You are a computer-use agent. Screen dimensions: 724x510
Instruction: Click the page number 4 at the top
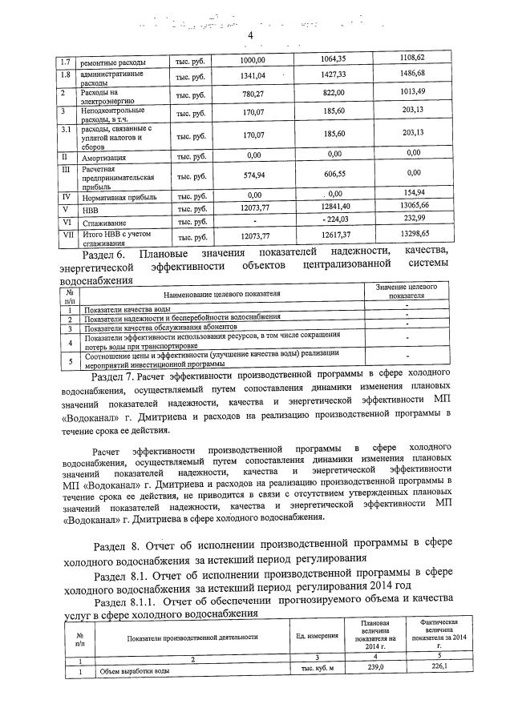click(x=250, y=35)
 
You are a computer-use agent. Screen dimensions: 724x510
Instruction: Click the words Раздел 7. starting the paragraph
click(x=115, y=376)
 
